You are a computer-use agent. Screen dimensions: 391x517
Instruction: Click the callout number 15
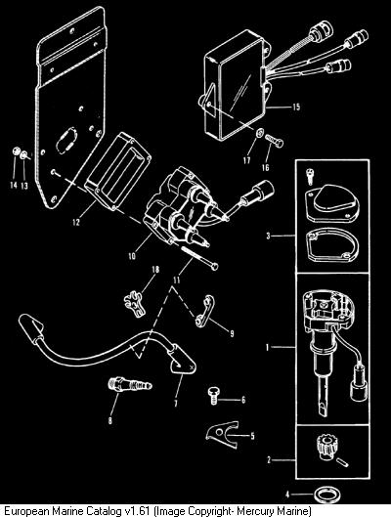click(296, 107)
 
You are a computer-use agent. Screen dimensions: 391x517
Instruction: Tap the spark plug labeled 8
click(130, 384)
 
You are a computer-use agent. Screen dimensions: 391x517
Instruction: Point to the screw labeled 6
click(213, 396)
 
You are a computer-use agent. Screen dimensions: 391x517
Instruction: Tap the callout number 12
click(76, 222)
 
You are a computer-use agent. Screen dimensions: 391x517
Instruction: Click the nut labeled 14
click(16, 151)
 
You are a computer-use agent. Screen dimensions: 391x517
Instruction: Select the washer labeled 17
click(260, 133)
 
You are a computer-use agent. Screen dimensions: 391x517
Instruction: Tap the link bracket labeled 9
click(204, 311)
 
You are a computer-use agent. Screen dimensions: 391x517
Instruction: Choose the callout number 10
click(132, 256)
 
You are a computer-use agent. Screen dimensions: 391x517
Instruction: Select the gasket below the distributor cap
click(333, 245)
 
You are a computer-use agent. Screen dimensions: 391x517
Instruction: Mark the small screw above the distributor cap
click(310, 175)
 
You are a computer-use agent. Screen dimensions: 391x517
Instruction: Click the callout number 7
click(176, 403)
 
